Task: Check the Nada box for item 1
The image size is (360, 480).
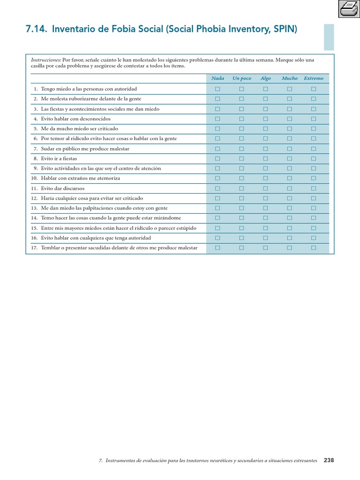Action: coord(217,89)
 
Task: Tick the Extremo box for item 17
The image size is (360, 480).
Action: coord(314,247)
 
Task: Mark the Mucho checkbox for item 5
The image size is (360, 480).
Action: coord(290,128)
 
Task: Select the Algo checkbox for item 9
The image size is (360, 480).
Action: coord(265,168)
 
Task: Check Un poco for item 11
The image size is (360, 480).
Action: coord(241,188)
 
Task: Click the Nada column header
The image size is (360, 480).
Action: coord(217,78)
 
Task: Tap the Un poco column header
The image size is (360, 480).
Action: coord(242,78)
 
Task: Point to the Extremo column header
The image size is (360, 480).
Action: coord(314,78)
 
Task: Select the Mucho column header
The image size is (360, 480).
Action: coord(290,78)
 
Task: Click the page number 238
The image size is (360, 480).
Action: coord(329,460)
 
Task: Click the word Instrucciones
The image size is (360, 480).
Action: coord(46,60)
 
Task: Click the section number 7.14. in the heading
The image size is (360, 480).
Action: coord(36,30)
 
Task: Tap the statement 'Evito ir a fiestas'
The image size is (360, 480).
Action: coord(59,158)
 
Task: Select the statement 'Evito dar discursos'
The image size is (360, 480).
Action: coord(63,188)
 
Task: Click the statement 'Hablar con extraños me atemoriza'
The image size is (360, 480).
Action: coord(80,178)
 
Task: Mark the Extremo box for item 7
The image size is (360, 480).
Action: coord(314,149)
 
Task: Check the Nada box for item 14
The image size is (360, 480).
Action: coord(217,218)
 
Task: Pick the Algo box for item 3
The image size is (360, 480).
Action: coord(265,109)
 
